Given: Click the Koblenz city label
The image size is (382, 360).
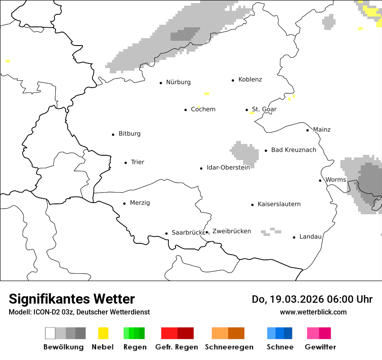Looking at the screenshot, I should coord(250,80).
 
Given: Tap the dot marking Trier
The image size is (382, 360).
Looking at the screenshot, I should coord(126,163).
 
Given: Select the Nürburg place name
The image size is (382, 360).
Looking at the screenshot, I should coord(178,82).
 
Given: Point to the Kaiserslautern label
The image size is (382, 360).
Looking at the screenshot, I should coord(279,204).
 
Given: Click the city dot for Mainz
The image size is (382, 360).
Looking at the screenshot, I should coord(308,130).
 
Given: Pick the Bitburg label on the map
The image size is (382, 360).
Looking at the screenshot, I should coord(129,134).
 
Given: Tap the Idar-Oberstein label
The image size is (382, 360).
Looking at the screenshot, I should coord(228,168).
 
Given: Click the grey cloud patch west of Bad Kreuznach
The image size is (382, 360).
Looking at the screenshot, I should coord(244,153).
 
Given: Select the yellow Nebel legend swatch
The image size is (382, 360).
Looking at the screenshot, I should coord(103,333).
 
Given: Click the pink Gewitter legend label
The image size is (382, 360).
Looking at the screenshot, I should coord(320,347).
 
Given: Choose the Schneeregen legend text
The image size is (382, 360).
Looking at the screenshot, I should coord(229,347).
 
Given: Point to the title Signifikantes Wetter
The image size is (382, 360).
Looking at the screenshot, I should coord(72,299).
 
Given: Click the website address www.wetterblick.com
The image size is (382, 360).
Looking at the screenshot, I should coord(313,312).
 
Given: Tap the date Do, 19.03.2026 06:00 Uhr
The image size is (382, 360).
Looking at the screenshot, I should coord(312,299).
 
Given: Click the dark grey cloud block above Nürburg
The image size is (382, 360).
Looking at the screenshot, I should coord(185,34).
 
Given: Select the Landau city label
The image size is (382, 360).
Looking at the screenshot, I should coord(310,237).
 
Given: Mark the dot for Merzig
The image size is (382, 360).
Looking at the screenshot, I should coord(125,203).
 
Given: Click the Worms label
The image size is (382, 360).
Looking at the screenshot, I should coord(336,180).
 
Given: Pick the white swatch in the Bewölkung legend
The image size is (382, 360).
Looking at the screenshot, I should coord(50,333).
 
